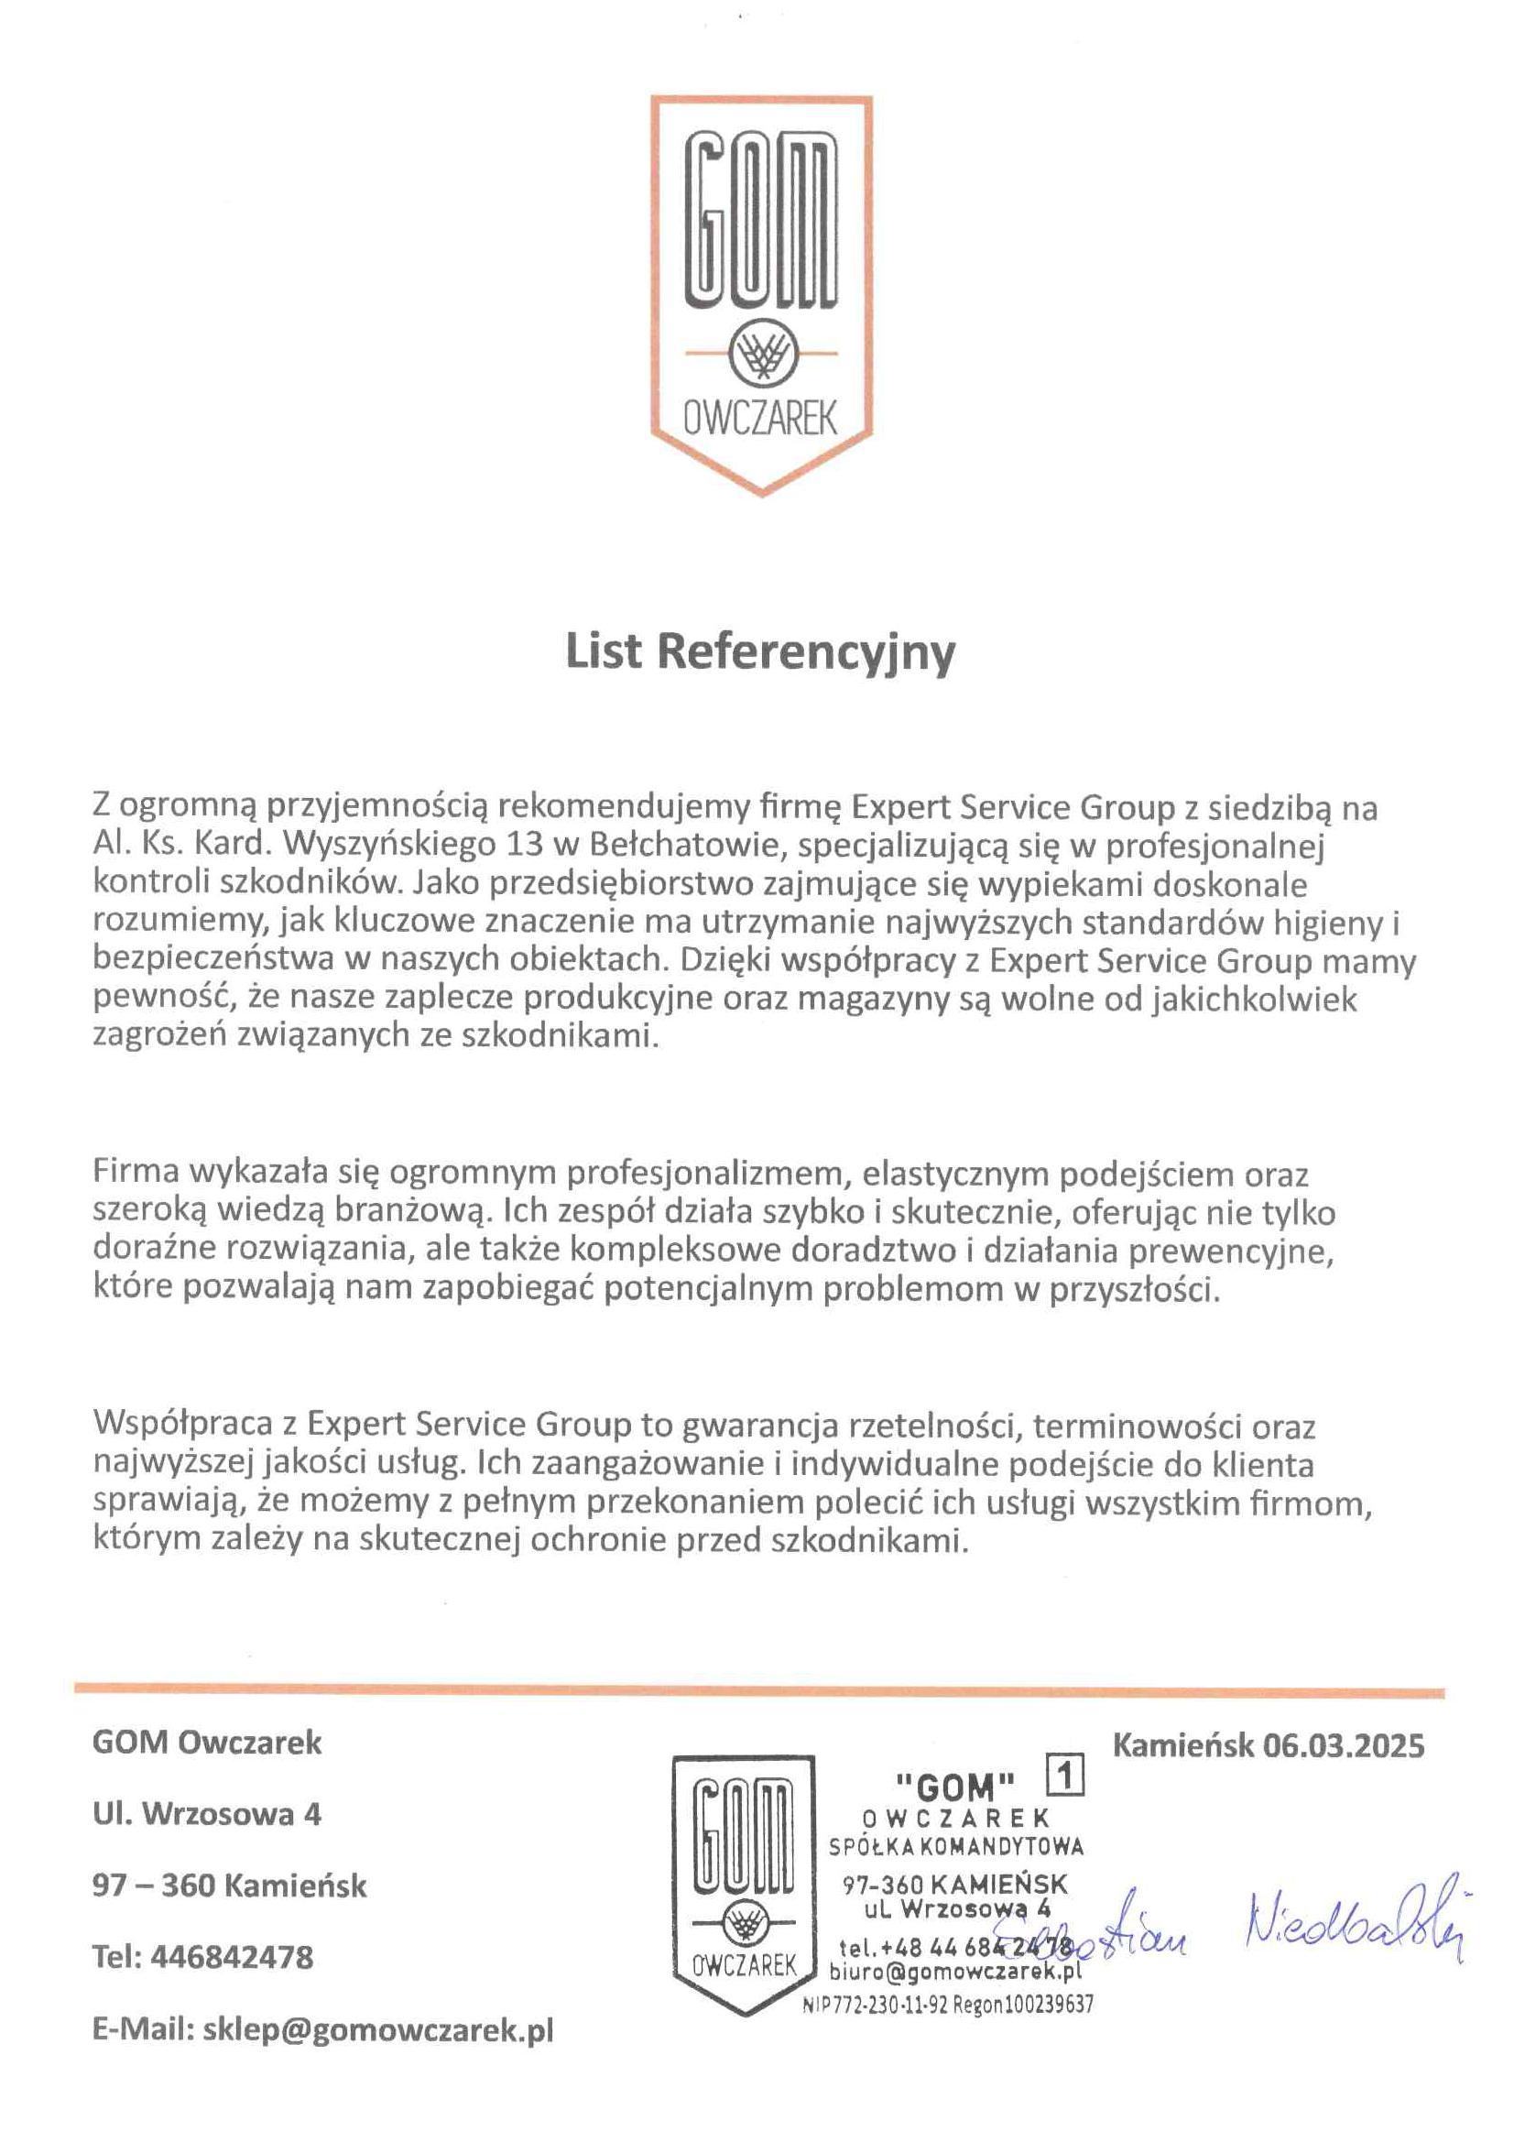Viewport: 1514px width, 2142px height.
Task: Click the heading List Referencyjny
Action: click(760, 652)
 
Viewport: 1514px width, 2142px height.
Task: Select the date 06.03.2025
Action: click(1344, 1745)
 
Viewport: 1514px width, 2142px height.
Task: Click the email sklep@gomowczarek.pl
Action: click(377, 2030)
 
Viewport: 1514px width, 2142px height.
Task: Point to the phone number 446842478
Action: click(232, 1957)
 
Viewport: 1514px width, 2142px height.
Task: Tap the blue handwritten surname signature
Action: click(1353, 1925)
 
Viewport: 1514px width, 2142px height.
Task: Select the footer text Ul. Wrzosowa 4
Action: click(206, 1815)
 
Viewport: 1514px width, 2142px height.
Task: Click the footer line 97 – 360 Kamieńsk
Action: click(230, 1885)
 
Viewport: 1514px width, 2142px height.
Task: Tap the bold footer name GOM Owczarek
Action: click(207, 1743)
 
